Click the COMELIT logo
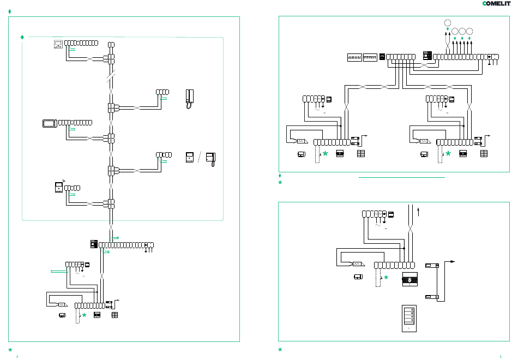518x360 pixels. (496, 3)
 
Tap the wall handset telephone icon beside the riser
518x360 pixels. (190, 99)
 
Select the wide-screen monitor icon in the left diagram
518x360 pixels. (50, 123)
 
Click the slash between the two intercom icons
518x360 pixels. (199, 157)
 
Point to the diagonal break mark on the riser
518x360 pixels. (111, 76)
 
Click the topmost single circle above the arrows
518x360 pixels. (448, 23)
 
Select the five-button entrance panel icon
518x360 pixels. (409, 319)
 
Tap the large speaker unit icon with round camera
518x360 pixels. (409, 279)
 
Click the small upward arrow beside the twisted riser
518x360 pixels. (419, 212)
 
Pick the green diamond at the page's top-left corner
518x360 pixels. (10, 11)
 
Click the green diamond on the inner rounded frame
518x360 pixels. (22, 37)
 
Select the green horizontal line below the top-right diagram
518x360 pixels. (401, 177)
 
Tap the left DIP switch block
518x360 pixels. (354, 57)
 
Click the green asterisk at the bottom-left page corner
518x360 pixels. (10, 350)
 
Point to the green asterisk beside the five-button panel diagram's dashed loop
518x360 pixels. (386, 277)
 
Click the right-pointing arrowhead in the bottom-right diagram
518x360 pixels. (453, 261)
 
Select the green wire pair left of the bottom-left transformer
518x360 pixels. (59, 272)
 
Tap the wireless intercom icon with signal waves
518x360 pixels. (59, 187)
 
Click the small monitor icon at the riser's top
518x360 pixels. (58, 44)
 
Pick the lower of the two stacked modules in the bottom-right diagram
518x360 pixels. (432, 297)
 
